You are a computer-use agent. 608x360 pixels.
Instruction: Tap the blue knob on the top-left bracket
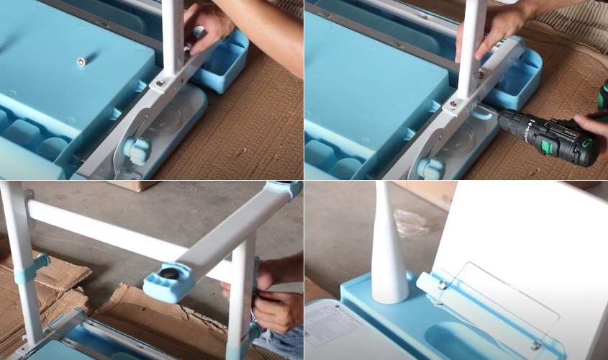pos(136,149)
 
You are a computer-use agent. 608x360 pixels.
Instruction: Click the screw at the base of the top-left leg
pos(160,84)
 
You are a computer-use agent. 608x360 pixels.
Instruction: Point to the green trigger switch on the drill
pos(546,146)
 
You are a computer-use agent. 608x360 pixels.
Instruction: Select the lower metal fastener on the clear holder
pos(535,345)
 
